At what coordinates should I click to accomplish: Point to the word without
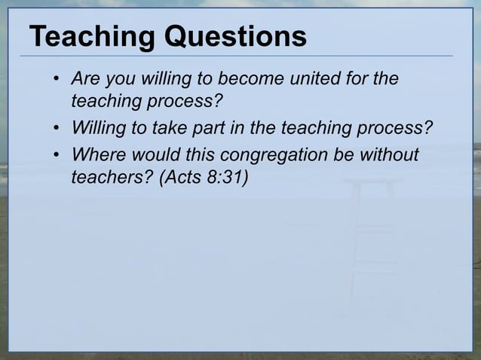point(391,154)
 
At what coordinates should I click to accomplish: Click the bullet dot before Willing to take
point(57,129)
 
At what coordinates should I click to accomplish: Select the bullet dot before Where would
point(57,156)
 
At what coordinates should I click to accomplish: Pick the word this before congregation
point(198,154)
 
